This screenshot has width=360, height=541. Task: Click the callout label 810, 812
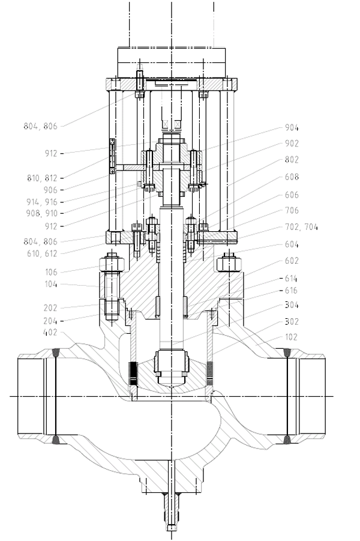click(x=42, y=178)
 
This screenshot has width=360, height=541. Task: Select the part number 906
click(x=50, y=190)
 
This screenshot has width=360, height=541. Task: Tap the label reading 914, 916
click(x=42, y=202)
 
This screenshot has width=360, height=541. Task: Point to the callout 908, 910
click(x=42, y=213)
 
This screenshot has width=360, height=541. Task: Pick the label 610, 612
click(x=42, y=253)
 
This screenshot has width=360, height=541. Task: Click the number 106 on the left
click(x=50, y=272)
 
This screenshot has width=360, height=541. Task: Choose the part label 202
click(x=50, y=307)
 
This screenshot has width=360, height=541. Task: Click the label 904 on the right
click(x=292, y=128)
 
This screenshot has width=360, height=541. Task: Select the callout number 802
click(x=292, y=160)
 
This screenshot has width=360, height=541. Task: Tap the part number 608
click(x=292, y=177)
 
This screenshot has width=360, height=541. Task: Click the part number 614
click(x=291, y=279)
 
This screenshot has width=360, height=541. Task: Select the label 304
click(x=291, y=305)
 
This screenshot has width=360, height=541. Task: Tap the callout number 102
click(x=291, y=337)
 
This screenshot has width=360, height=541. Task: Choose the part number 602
click(x=291, y=261)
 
